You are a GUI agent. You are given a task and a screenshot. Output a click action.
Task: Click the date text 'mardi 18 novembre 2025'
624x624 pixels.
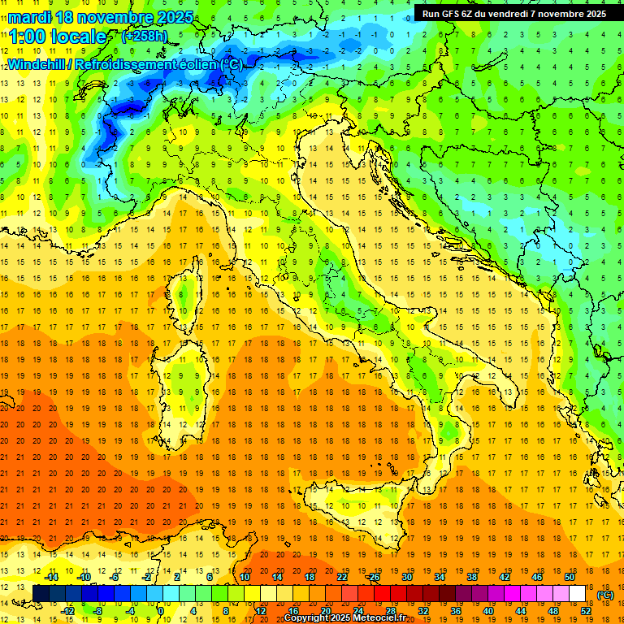(102, 17)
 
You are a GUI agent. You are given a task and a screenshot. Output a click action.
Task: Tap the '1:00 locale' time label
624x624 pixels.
(58, 37)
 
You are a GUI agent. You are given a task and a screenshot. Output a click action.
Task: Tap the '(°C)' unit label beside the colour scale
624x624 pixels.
(604, 595)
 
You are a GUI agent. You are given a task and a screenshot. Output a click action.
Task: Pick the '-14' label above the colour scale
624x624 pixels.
(51, 577)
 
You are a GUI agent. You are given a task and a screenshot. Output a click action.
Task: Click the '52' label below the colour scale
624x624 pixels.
(586, 611)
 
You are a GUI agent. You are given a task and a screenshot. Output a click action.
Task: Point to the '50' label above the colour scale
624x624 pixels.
(570, 577)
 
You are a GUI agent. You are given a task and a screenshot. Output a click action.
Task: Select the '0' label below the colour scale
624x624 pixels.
(160, 611)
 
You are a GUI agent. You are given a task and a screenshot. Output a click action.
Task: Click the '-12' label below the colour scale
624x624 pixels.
(68, 611)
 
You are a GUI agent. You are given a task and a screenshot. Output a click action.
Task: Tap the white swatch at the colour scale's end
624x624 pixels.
(578, 594)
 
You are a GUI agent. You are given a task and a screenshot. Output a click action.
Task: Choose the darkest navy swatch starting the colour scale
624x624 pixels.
(41, 594)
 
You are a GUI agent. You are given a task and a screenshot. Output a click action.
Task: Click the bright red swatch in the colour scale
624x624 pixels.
(382, 594)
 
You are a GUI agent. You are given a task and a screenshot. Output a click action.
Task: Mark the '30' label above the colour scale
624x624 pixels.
(407, 577)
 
